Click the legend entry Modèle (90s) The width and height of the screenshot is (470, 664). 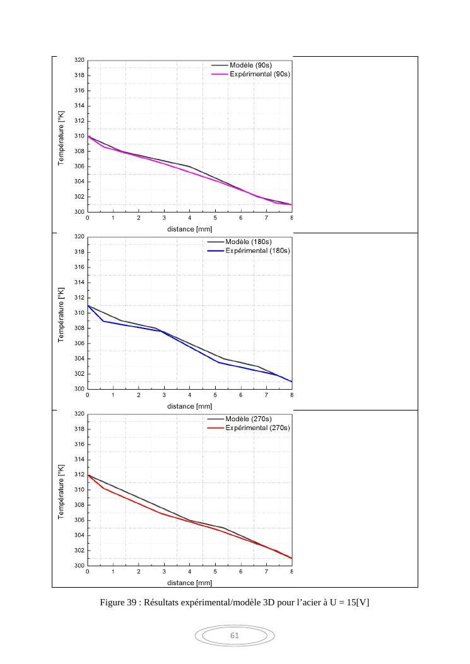click(x=250, y=65)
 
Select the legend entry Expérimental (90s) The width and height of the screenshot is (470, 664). click(x=259, y=74)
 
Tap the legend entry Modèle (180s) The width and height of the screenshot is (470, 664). click(x=251, y=242)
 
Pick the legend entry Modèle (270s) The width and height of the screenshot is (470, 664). click(x=251, y=419)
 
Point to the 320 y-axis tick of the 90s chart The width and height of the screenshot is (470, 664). click(x=79, y=61)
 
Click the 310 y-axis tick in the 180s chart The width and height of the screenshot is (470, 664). click(x=79, y=313)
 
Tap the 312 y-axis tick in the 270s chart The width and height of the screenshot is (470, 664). click(x=79, y=475)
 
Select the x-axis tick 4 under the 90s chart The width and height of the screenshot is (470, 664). click(x=190, y=218)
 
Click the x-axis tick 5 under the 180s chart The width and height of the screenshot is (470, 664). click(x=215, y=395)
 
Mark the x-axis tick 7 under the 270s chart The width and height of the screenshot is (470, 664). click(x=266, y=572)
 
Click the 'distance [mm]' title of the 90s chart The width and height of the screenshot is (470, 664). click(x=189, y=229)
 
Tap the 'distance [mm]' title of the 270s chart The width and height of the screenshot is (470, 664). click(x=189, y=583)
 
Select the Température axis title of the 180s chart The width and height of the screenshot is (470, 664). click(x=62, y=312)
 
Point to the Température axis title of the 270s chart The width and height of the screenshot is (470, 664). click(x=62, y=489)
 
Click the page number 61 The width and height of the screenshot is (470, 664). click(x=235, y=636)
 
